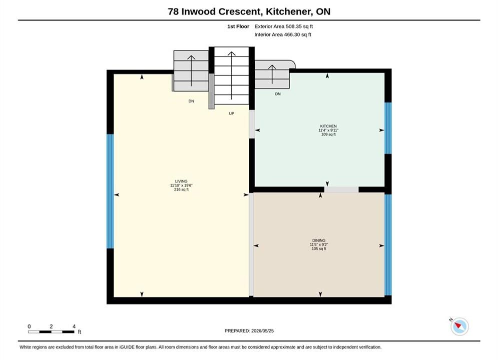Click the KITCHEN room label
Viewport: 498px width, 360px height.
pos(328,126)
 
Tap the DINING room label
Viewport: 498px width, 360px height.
pos(318,240)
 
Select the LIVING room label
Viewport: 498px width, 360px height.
pos(181,181)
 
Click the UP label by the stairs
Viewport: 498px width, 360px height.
pos(232,113)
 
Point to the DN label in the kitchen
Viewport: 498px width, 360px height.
pos(278,94)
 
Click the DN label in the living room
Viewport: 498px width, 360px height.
pos(191,101)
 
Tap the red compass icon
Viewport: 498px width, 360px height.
pos(459,326)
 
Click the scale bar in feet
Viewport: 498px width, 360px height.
pos(51,332)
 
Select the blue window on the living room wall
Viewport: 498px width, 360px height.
pos(110,191)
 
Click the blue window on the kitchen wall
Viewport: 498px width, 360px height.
pos(388,128)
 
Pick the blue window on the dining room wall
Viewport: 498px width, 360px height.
pos(388,245)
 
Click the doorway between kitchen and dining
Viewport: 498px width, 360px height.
pos(341,189)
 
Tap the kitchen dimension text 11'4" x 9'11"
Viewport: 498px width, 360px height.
pos(328,130)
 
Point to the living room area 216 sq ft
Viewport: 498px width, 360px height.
pos(181,189)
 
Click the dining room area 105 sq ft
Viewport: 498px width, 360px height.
pos(319,248)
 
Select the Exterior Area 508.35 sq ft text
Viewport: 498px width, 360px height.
pos(284,26)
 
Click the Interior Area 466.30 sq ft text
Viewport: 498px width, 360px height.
pos(283,34)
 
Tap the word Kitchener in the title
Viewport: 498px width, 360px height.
pos(289,11)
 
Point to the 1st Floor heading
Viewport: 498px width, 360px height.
pos(238,26)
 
